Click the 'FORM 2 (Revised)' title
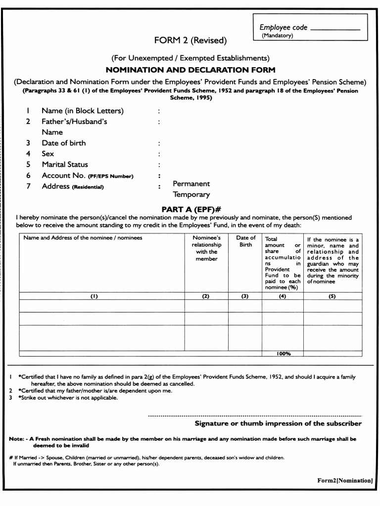pos(190,40)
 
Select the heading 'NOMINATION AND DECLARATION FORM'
pos(190,70)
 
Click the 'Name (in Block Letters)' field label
pos(83,111)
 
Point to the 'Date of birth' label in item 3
pos(63,143)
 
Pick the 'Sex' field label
pos(48,154)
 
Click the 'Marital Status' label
pos(65,165)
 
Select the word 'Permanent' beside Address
pos(191,183)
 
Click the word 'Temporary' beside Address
pos(191,195)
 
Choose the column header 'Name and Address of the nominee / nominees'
pos(83,238)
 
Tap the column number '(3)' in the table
pos(244,296)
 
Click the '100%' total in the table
pos(284,353)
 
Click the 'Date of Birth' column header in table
pos(245,241)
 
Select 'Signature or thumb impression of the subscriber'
pos(278,423)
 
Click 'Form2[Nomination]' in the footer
pos(345,480)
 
